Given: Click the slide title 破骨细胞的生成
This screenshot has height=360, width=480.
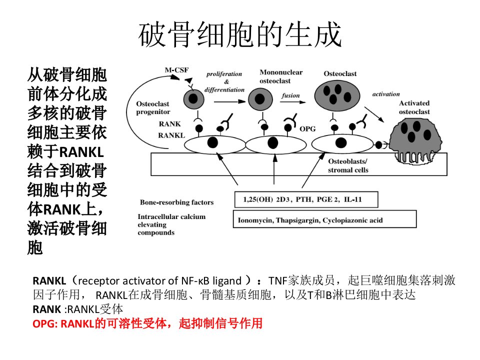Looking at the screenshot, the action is [x=240, y=34].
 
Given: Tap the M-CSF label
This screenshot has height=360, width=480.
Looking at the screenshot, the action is [x=176, y=70].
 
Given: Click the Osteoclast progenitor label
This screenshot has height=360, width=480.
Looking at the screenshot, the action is [x=153, y=108].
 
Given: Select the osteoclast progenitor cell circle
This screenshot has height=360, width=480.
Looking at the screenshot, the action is [x=193, y=99].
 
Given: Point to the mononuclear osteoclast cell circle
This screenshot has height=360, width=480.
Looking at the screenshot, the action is [x=260, y=99].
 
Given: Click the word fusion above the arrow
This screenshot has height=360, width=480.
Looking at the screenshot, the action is [x=291, y=95].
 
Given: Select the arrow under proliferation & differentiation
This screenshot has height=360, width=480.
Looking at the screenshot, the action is [x=230, y=101].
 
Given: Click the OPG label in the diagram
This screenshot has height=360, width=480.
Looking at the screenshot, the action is [x=307, y=129].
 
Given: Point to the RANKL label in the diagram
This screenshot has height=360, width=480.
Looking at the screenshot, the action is [x=171, y=135].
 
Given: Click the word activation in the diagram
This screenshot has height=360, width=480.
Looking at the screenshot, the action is [x=386, y=94].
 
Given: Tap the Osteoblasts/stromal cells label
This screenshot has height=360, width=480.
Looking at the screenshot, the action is [x=348, y=165].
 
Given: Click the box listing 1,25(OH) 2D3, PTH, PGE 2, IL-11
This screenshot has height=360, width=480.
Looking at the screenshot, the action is [x=306, y=199].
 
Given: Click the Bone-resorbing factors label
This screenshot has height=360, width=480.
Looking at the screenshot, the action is [x=176, y=202].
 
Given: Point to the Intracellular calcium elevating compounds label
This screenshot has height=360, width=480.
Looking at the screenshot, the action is [x=171, y=224].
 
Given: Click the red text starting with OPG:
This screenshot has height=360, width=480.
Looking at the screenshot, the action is [x=147, y=323].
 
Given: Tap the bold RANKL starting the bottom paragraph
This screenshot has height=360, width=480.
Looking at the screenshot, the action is [x=49, y=280].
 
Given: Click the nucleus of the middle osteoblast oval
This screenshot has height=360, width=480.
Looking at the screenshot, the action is [x=273, y=143].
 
